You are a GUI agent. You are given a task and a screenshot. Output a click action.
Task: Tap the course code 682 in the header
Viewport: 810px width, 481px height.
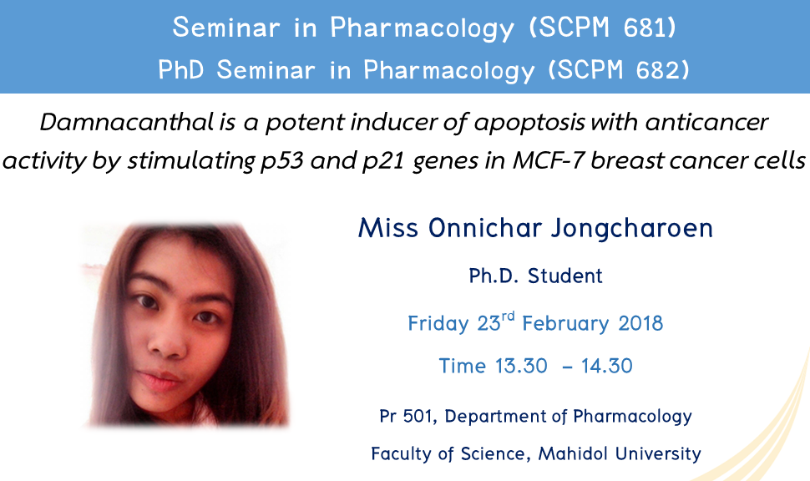point(658,70)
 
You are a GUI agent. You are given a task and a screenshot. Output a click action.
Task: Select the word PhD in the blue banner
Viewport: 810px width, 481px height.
point(181,70)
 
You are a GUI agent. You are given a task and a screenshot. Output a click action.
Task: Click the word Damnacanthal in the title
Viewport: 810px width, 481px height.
point(127,123)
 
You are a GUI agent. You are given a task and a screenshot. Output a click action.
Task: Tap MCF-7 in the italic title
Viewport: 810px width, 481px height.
point(548,160)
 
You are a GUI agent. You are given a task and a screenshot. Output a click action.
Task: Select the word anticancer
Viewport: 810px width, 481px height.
point(706,123)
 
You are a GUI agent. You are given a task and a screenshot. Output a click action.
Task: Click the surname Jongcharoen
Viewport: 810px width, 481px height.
point(631,229)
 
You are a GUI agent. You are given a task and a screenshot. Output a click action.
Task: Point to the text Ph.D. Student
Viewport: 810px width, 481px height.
point(536,276)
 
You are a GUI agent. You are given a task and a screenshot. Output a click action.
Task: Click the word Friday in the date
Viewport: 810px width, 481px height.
point(438,324)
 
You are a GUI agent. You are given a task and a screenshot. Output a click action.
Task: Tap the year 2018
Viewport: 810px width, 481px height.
point(640,323)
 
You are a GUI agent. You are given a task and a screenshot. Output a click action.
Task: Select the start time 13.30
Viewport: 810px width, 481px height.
point(521,366)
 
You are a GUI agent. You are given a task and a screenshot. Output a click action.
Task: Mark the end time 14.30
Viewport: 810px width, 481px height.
point(606,366)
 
